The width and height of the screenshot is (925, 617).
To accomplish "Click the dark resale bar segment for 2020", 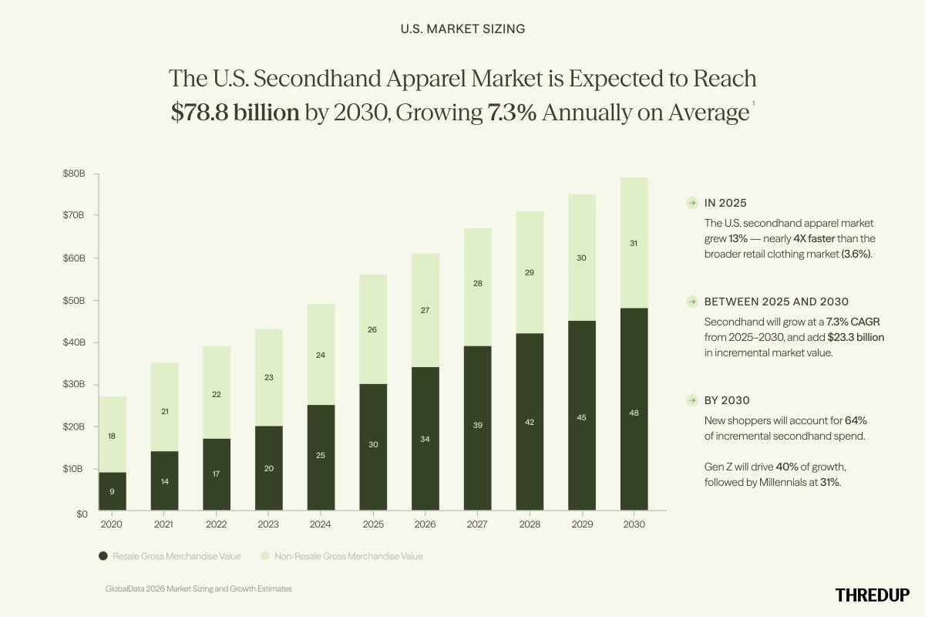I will point(113,491).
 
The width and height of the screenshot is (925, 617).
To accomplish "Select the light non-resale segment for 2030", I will point(634,243).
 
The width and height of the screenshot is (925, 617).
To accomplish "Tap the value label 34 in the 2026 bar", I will point(425,439).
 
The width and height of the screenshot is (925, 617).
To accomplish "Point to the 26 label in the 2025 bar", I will point(373,329).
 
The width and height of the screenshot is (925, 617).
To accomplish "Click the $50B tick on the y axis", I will point(75,300).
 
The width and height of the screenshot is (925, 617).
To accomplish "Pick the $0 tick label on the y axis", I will point(81,512).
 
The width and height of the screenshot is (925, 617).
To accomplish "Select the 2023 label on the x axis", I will point(268,524).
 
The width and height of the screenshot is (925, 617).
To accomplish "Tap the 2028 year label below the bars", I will point(530,524).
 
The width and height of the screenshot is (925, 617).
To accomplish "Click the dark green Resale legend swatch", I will point(103,555).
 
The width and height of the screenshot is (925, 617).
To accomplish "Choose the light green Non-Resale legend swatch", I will point(264,555).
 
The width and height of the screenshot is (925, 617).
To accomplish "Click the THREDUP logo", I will point(873,594).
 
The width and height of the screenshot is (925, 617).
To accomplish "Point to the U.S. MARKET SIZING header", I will point(462,29).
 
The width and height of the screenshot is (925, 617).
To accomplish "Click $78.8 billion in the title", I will point(235,113).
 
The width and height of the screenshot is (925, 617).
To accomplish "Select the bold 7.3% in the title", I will point(513,113).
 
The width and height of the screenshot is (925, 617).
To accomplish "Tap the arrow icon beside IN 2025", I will point(692,204).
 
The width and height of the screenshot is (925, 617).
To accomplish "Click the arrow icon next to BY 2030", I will point(692,400).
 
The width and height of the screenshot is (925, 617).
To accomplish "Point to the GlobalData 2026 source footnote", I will point(199,588).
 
